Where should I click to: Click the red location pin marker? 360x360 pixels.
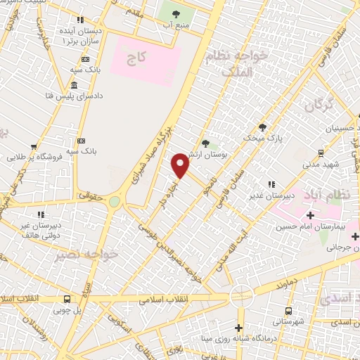(x=181, y=165)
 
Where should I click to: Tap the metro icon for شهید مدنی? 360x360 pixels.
(x=321, y=153)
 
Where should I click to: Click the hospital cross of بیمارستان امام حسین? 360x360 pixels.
(x=310, y=215)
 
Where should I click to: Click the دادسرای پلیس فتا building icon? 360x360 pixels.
(x=75, y=85)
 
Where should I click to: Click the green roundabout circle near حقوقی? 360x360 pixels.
(x=114, y=202)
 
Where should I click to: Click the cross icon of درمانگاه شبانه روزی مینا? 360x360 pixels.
(x=238, y=328)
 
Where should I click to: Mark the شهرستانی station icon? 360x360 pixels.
(x=288, y=311)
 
